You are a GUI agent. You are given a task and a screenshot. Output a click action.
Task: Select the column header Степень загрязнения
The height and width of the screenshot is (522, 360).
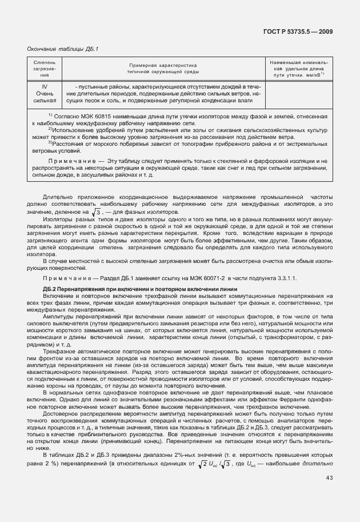45,68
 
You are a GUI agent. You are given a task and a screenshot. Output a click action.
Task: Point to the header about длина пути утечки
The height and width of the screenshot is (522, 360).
298,68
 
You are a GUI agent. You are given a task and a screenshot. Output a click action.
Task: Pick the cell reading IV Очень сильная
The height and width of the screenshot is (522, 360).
45,93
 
